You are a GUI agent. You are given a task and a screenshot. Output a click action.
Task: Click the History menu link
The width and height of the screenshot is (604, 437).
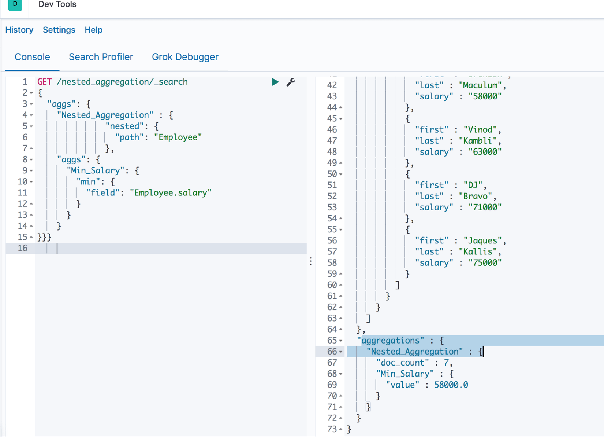pyautogui.click(x=19, y=30)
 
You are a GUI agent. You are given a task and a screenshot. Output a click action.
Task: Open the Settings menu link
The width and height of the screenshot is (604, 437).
pyautogui.click(x=59, y=30)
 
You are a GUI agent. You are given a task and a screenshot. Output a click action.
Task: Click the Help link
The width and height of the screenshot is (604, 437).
pyautogui.click(x=93, y=30)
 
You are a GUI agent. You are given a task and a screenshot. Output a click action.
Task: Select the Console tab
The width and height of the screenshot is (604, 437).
pyautogui.click(x=32, y=57)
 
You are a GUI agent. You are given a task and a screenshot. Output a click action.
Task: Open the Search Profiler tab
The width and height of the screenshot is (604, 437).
pyautogui.click(x=101, y=57)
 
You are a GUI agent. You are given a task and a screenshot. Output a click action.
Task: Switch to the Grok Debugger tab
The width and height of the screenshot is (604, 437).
pyautogui.click(x=185, y=57)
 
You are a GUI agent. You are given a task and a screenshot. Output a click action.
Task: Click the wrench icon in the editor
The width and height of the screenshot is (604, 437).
pyautogui.click(x=291, y=82)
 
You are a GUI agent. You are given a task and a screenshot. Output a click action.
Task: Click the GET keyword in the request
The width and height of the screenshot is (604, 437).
pyautogui.click(x=44, y=82)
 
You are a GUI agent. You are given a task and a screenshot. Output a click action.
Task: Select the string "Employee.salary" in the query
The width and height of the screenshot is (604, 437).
pyautogui.click(x=171, y=193)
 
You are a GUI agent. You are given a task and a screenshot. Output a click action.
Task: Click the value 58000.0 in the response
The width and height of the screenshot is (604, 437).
pyautogui.click(x=451, y=385)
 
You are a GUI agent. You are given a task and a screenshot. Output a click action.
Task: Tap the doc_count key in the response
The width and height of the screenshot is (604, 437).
pyautogui.click(x=403, y=363)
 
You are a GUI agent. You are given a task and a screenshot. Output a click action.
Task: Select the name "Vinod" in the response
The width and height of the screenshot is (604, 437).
pyautogui.click(x=480, y=130)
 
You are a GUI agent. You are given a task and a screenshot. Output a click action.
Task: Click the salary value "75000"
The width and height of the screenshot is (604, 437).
pyautogui.click(x=485, y=263)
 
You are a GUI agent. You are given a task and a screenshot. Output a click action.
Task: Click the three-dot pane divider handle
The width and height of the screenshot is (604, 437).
pyautogui.click(x=311, y=261)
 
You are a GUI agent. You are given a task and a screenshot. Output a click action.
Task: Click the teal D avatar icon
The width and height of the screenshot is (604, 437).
pyautogui.click(x=15, y=4)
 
